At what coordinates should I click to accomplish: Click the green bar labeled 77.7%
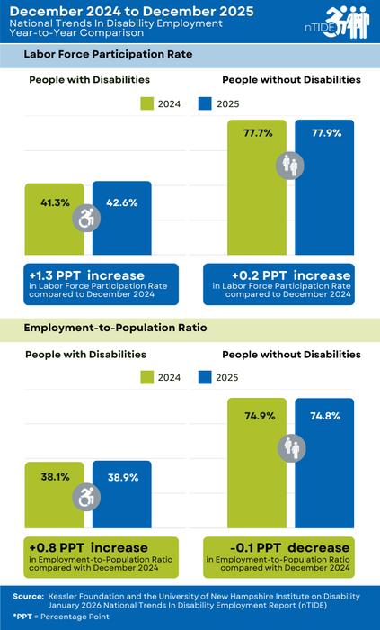(258, 198)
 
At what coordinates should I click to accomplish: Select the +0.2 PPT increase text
(278, 274)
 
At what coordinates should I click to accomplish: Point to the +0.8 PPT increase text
(75, 547)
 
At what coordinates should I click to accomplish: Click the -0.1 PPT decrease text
(278, 548)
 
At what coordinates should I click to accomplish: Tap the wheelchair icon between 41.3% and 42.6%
(87, 217)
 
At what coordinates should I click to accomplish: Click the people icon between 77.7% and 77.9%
(292, 166)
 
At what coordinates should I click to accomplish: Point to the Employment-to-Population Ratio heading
(115, 329)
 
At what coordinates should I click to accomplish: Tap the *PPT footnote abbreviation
(27, 618)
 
